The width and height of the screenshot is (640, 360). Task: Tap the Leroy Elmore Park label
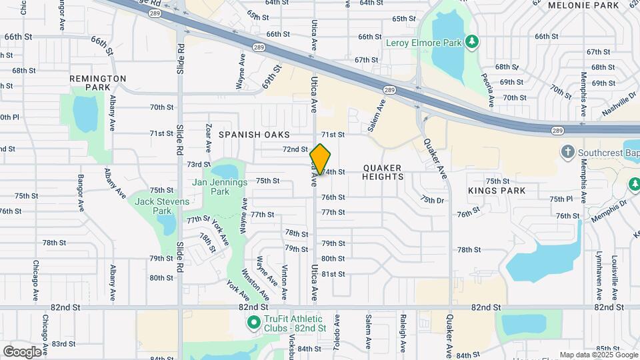424,43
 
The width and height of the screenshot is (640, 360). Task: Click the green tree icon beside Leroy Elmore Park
472,43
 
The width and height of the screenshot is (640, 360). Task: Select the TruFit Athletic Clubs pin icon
253,323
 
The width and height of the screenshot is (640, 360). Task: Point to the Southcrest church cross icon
568,151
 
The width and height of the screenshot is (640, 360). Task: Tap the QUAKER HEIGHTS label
383,173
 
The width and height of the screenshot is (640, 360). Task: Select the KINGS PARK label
497,191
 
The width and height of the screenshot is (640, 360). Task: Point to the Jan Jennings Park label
220,187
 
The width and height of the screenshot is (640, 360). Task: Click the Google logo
22,351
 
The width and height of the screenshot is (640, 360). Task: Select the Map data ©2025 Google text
599,355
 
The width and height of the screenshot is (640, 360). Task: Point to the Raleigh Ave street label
403,333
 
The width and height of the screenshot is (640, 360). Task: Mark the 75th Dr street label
432,200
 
